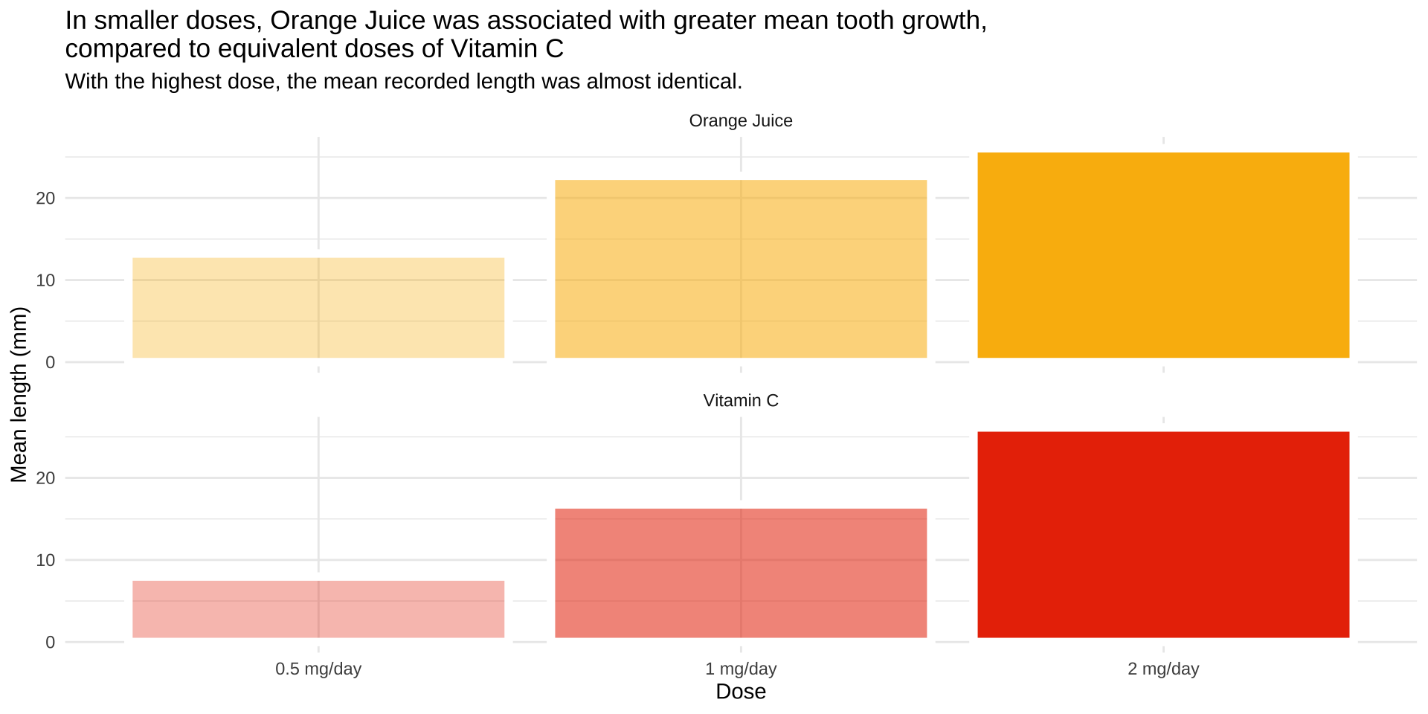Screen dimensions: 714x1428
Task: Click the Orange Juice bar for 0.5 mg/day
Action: point(318,308)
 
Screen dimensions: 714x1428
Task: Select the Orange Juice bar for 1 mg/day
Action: point(741,268)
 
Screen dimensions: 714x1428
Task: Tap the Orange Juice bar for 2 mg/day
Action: point(1163,255)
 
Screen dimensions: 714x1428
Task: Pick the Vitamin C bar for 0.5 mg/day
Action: point(318,609)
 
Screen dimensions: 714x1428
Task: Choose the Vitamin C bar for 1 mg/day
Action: point(741,573)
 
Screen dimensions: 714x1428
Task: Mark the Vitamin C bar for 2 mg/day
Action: point(1163,534)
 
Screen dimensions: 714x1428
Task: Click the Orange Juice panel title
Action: point(741,120)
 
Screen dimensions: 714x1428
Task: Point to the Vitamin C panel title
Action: point(741,400)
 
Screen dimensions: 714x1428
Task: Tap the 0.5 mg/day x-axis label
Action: point(318,669)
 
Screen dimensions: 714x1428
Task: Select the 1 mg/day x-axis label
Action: point(741,669)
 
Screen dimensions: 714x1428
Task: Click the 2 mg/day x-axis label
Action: point(1163,669)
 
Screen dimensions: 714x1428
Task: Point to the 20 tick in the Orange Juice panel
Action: point(45,198)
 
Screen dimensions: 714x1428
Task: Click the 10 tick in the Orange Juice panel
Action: point(45,280)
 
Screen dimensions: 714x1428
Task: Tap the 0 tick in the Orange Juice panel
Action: point(50,362)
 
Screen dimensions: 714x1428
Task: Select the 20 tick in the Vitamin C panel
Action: point(45,477)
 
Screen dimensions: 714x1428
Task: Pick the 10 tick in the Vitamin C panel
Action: point(45,560)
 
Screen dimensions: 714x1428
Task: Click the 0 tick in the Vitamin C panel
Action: point(50,642)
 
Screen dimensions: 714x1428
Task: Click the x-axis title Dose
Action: point(741,692)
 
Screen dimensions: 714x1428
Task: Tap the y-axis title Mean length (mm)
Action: point(19,394)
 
